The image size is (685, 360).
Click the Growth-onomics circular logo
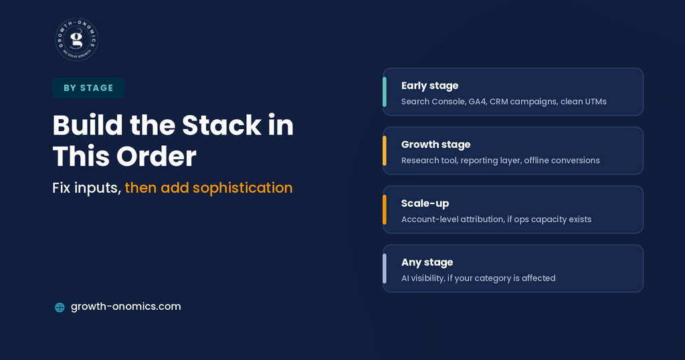77,39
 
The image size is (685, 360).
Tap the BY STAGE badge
88,88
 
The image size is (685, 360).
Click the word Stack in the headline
221,125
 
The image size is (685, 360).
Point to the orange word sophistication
242,188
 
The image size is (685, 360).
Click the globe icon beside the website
60,308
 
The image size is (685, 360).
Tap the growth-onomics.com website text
126,306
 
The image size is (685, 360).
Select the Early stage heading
430,86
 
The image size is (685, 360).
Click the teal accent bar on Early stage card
385,92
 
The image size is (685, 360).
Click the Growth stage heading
436,145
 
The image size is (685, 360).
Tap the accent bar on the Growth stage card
385,151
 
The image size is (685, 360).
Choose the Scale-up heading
425,203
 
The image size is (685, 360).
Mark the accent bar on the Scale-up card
385,209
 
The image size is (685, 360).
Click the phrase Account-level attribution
453,219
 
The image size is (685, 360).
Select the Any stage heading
427,262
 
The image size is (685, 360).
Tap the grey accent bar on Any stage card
385,269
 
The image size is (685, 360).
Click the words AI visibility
423,278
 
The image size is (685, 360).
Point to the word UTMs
595,101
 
